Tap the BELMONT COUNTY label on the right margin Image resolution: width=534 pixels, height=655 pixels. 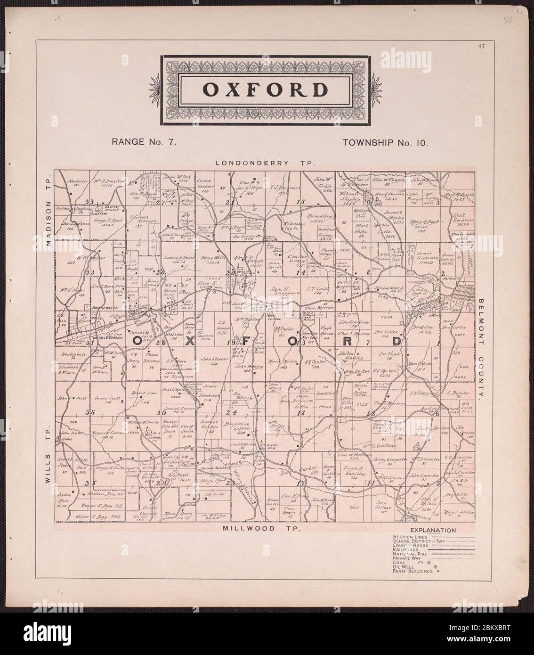click(482, 349)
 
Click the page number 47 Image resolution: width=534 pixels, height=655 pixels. click(480, 46)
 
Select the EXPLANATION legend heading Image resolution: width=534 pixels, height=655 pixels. click(432, 530)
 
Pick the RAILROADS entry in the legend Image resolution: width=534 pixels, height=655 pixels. click(406, 549)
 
